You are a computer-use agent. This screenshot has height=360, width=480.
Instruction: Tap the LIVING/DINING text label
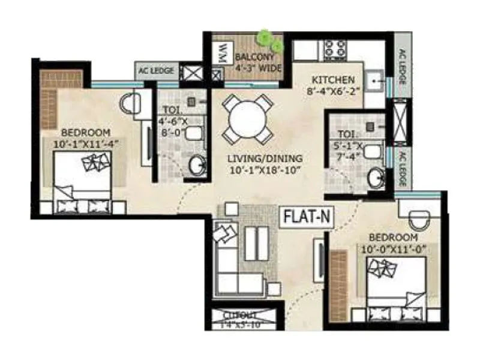click(x=265, y=158)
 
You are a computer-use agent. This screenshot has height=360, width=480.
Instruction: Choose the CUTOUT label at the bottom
click(x=240, y=315)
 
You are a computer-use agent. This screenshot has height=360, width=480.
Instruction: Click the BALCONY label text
click(x=254, y=58)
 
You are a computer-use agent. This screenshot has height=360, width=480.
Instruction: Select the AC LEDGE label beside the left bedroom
click(x=157, y=71)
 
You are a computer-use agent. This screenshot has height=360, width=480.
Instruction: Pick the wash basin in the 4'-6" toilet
click(x=196, y=165)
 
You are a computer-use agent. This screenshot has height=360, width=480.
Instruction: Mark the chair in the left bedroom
click(x=130, y=104)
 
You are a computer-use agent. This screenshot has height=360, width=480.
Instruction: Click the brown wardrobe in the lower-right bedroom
click(x=340, y=278)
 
